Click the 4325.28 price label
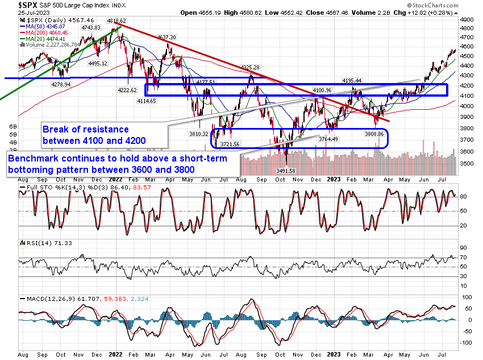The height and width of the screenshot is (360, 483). pyautogui.click(x=250, y=68)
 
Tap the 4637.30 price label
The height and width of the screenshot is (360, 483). pyautogui.click(x=166, y=37)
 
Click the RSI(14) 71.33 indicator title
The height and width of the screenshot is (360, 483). pyautogui.click(x=41, y=243)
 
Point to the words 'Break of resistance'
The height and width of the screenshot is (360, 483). pyautogui.click(x=86, y=129)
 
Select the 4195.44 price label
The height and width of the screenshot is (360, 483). pyautogui.click(x=352, y=81)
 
